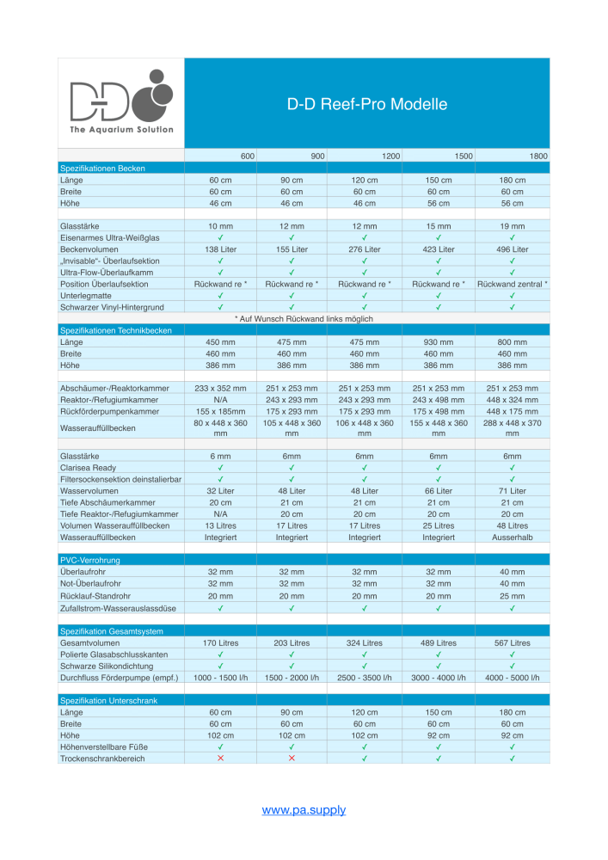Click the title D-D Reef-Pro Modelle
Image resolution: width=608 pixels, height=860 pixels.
coord(367,105)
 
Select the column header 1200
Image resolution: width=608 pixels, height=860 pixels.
coord(390,156)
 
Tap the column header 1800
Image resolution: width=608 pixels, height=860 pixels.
coord(538,156)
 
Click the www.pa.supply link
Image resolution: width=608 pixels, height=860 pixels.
coord(304,810)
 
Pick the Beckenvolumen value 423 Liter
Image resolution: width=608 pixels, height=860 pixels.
coord(439,249)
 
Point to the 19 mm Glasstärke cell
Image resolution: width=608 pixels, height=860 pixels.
coord(513,226)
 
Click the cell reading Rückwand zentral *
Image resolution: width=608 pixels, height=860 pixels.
coord(513,284)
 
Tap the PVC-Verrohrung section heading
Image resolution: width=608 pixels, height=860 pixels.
coord(90,558)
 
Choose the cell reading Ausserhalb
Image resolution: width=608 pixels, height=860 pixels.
coord(513,537)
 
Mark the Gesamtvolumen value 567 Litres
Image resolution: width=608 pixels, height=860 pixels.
coord(513,643)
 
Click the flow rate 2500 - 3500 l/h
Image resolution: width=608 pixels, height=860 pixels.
coord(365,678)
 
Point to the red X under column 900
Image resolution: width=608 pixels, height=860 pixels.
coord(292,759)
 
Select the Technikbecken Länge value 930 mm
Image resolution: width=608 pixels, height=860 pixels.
coord(439,342)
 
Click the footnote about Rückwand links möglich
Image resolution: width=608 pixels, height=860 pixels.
coord(304,319)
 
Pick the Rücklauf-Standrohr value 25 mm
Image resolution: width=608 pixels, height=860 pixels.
coord(513,594)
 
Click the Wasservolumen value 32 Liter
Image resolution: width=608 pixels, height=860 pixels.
coord(220,490)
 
